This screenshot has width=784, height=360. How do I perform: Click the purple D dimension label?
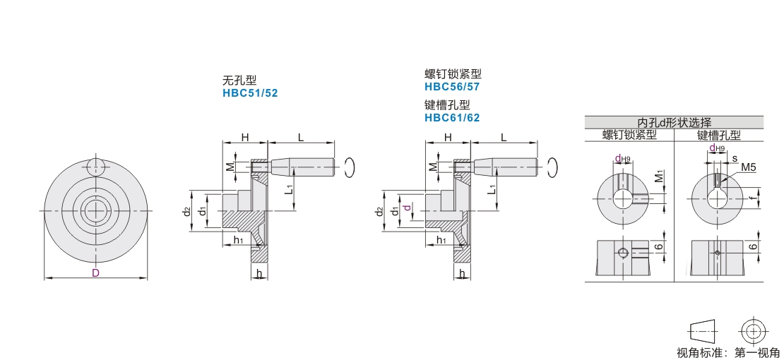95,272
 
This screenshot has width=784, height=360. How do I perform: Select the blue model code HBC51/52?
249,93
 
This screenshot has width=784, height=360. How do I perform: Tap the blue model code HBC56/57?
452,87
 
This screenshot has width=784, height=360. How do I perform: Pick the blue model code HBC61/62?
452,118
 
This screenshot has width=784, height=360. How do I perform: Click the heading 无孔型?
239,81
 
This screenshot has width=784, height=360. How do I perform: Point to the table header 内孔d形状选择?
674,123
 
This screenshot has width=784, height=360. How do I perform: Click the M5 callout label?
748,167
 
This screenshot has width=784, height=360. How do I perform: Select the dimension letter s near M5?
735,159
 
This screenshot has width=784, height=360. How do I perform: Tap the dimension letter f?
752,197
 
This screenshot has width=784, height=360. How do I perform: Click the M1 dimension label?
660,176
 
